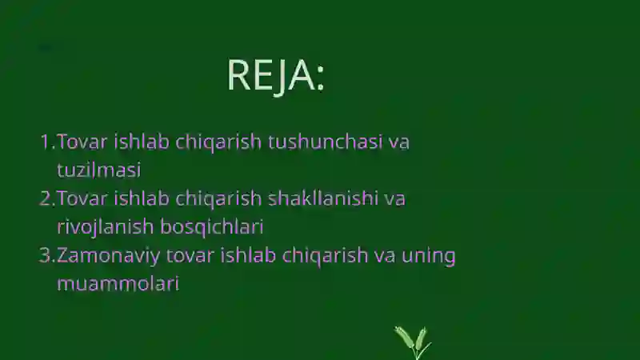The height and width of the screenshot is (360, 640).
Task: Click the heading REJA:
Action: (276, 75)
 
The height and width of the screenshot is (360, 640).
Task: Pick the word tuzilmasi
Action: (98, 170)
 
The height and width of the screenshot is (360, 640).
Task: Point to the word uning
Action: (430, 256)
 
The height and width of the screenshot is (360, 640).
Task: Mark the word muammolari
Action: (117, 283)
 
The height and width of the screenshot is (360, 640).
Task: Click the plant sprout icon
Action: (413, 342)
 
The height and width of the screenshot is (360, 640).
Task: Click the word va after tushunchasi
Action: (398, 142)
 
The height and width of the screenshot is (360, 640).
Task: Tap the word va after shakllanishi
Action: (394, 198)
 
